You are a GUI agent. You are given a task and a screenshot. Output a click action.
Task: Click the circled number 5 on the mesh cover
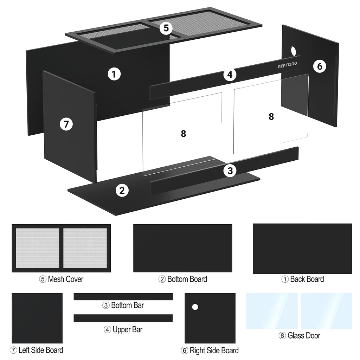click(166, 28)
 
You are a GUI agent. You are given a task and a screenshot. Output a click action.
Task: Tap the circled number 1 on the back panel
click(114, 74)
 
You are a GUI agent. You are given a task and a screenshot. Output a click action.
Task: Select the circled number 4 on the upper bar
click(230, 75)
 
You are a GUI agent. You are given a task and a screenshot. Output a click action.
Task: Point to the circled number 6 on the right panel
click(320, 66)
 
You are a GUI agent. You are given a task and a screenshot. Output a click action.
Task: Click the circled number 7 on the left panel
click(66, 124)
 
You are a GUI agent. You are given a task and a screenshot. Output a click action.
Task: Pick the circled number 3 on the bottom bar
click(230, 171)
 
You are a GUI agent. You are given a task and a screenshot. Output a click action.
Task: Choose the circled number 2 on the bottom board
click(122, 190)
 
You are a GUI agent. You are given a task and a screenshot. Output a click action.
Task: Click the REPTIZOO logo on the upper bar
click(288, 65)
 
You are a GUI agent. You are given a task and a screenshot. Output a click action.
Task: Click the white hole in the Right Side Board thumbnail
click(195, 307)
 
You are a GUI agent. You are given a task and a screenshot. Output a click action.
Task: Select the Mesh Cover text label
click(61, 279)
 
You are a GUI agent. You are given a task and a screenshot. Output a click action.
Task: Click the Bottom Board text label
click(183, 279)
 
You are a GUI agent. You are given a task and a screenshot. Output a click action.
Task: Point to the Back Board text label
click(303, 279)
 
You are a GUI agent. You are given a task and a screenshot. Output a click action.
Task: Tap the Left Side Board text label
click(37, 350)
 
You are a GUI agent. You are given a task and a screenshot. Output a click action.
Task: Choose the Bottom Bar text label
click(123, 306)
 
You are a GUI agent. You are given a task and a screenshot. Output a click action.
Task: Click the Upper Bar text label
click(123, 330)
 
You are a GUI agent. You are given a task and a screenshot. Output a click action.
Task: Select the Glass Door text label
click(300, 336)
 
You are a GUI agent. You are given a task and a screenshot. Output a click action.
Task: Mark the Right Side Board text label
click(210, 351)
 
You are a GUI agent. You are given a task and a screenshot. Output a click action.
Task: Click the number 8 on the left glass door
click(183, 134)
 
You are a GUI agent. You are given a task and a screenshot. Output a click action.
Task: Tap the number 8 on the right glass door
click(271, 117)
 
